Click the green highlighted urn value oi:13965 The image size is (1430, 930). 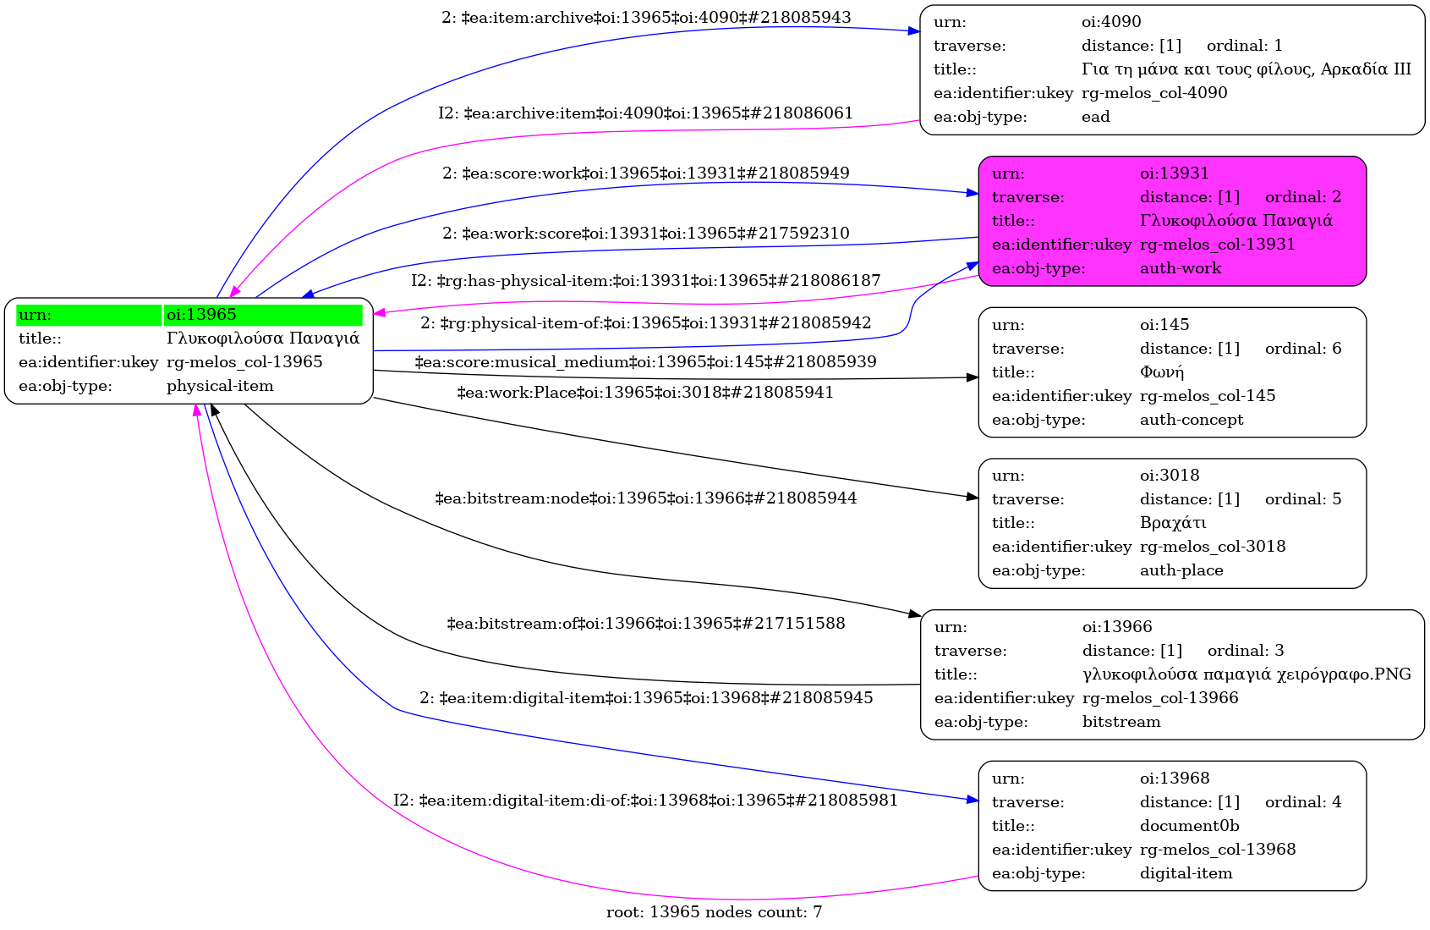point(262,315)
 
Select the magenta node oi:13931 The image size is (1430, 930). point(1172,221)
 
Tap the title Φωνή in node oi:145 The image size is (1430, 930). point(1161,372)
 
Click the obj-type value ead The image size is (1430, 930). point(1095,117)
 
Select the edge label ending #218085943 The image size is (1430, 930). point(646,18)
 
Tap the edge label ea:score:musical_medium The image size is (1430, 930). point(645,362)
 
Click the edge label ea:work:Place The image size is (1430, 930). point(645,393)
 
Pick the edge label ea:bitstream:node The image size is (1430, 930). point(645,498)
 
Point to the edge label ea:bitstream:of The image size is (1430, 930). point(645,624)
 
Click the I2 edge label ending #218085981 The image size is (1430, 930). point(645,801)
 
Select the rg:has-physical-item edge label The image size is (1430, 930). point(645,281)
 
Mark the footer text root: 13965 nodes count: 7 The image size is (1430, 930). point(714,912)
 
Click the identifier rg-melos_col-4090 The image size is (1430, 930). point(1154,93)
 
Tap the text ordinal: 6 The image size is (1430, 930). point(1302,349)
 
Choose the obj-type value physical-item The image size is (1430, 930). point(220,386)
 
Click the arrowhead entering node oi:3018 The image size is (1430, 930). point(973,497)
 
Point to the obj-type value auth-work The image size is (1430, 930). point(1180,268)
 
